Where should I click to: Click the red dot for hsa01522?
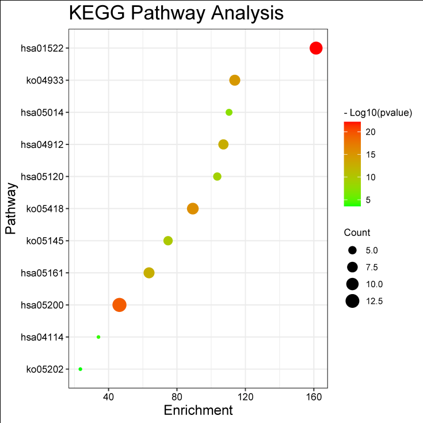click(x=316, y=48)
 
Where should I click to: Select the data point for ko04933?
click(x=234, y=80)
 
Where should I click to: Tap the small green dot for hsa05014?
click(x=229, y=112)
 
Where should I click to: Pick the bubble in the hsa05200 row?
click(x=119, y=305)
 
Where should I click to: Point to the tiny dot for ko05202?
click(x=81, y=369)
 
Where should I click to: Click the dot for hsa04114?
click(x=98, y=337)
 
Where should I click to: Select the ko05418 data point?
click(x=193, y=208)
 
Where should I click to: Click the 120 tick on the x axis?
click(x=246, y=397)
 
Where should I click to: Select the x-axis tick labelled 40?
click(x=108, y=397)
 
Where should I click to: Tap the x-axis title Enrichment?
click(x=198, y=410)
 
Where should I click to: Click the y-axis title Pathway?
click(x=10, y=208)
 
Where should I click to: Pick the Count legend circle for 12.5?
click(x=353, y=300)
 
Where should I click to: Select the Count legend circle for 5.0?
click(x=353, y=250)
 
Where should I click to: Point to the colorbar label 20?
click(x=371, y=132)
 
